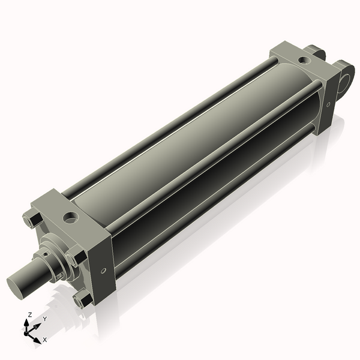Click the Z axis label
[x=30, y=314]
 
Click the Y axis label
[x=44, y=319]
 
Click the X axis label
[x=44, y=340]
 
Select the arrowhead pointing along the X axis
[x=38, y=337]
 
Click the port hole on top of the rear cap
[x=306, y=60]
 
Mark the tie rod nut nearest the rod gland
[x=74, y=259]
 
